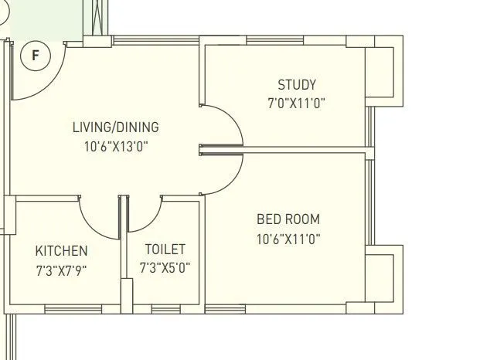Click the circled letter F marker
coord(35,56)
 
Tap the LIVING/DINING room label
coord(115,127)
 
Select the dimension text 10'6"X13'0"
coord(116,146)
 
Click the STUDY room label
coord(297,85)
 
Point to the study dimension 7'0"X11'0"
coord(297,103)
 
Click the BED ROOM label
coord(288,220)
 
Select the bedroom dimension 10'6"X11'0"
coord(288,239)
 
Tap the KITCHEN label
coord(61,251)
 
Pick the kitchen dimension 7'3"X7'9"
coord(61,270)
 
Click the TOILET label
coord(165,250)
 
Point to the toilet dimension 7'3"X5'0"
coord(165,268)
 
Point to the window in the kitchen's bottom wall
coord(66,310)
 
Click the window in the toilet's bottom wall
coord(163,310)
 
